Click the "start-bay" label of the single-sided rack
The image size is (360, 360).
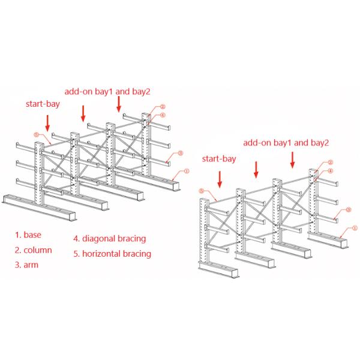tap(218, 159)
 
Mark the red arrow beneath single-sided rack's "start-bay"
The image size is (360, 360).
tap(220, 178)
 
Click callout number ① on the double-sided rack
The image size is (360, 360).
tap(187, 170)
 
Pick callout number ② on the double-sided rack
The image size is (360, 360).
tap(163, 107)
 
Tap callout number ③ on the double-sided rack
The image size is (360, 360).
tap(179, 154)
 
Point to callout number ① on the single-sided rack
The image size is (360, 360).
tap(354, 227)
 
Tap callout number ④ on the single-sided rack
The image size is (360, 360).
tap(329, 170)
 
